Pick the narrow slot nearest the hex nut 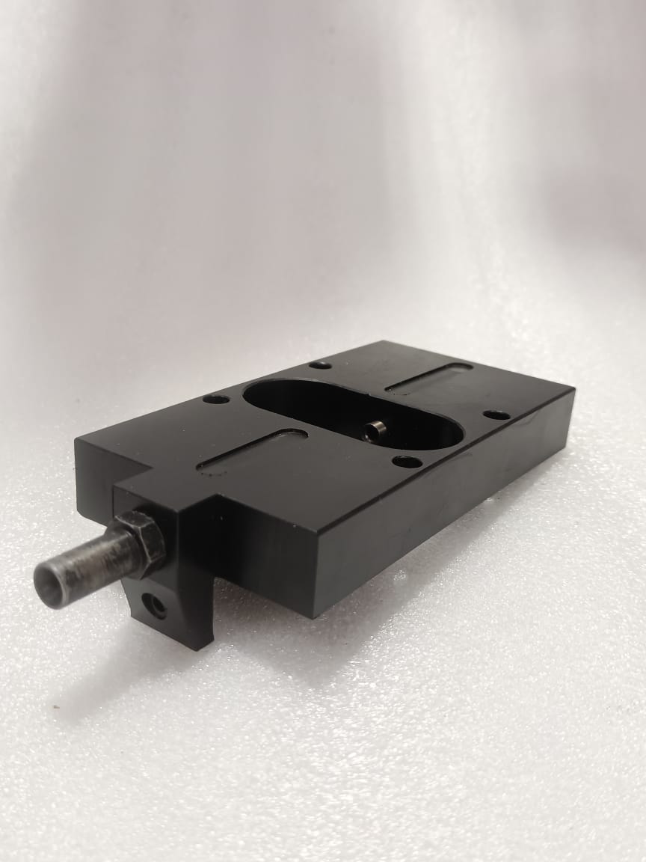(252, 450)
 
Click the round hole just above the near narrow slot (216, 399)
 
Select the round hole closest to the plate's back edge (321, 365)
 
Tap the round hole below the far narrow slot (496, 415)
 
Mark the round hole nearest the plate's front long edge (406, 462)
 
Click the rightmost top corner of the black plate (573, 389)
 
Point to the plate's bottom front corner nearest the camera (313, 616)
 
